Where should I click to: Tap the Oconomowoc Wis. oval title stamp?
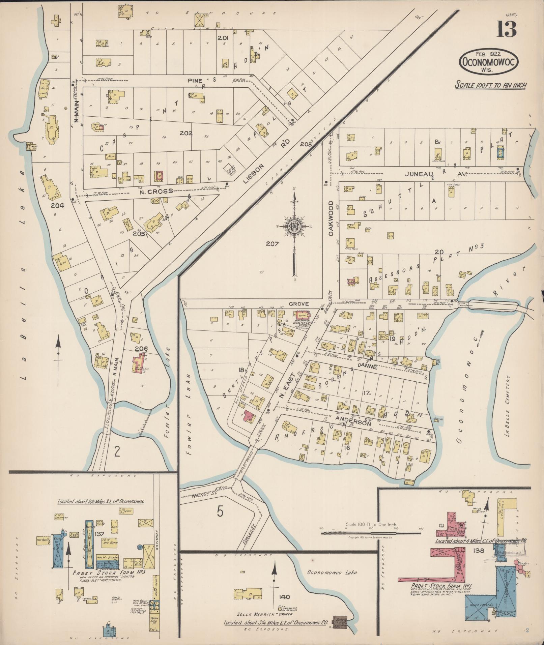489,62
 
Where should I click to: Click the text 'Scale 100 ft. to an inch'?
490,85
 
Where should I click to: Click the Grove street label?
298,304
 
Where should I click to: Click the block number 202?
186,133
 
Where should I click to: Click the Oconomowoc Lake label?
332,572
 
